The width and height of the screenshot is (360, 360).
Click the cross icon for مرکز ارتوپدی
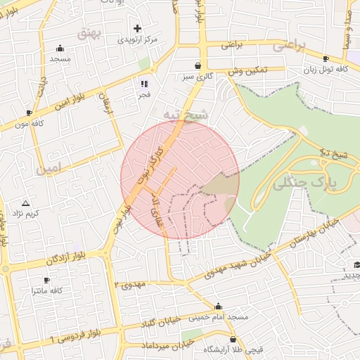(x=138, y=29)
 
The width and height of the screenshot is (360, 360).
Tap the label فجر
(x=143, y=94)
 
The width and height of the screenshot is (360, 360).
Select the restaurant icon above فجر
(x=143, y=84)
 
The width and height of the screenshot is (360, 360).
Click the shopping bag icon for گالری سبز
(x=198, y=65)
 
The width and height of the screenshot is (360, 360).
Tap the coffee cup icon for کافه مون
(x=30, y=112)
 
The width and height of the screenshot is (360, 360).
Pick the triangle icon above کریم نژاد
(x=26, y=202)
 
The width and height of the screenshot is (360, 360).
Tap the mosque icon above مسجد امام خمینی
(x=219, y=307)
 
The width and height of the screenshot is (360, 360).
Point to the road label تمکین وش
(x=247, y=71)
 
